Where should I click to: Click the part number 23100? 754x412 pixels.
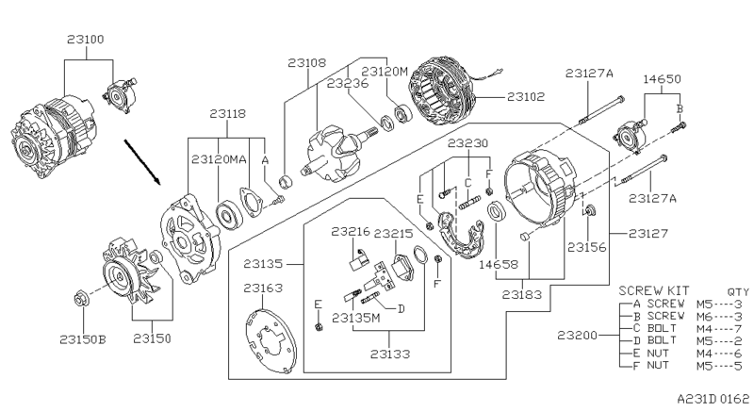tap(86, 41)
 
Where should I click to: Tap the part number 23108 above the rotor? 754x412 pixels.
tap(307, 63)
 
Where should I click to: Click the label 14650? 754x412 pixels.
tap(660, 79)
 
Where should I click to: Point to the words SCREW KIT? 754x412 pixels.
tap(651, 291)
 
